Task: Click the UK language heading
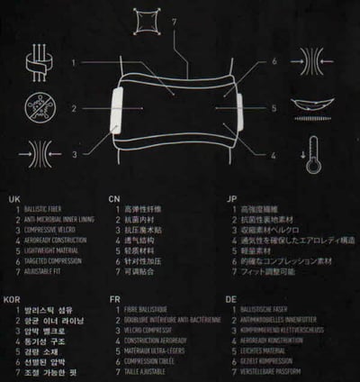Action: [x=13, y=196]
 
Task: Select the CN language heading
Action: [x=114, y=196]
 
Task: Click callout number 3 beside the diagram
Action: [x=76, y=153]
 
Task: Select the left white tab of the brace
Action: [x=116, y=107]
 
